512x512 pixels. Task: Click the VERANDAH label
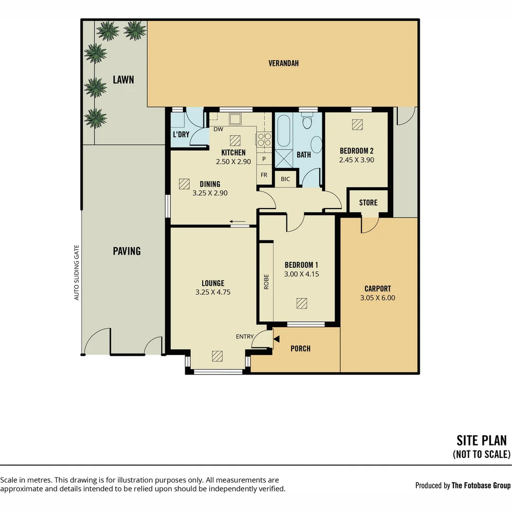point(283,64)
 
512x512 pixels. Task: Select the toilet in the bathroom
point(307,120)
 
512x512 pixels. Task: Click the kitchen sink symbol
point(235,119)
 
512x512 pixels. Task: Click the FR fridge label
point(264,175)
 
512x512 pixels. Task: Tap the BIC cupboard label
point(285,179)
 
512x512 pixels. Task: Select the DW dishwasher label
point(219,129)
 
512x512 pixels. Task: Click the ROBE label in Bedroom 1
point(266,282)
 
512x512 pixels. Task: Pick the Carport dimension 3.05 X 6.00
point(377,298)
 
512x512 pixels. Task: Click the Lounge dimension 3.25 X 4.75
point(213,292)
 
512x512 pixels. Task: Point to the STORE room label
point(368,203)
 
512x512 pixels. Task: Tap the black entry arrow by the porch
point(276,339)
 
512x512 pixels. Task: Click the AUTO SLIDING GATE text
point(77,273)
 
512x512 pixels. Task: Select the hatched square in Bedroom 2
point(357,124)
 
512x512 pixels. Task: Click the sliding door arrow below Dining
point(238,222)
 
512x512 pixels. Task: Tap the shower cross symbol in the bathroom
point(284,159)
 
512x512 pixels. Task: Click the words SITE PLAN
point(482,441)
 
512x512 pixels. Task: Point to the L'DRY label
point(181,135)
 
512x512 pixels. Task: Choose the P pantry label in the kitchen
point(264,159)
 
